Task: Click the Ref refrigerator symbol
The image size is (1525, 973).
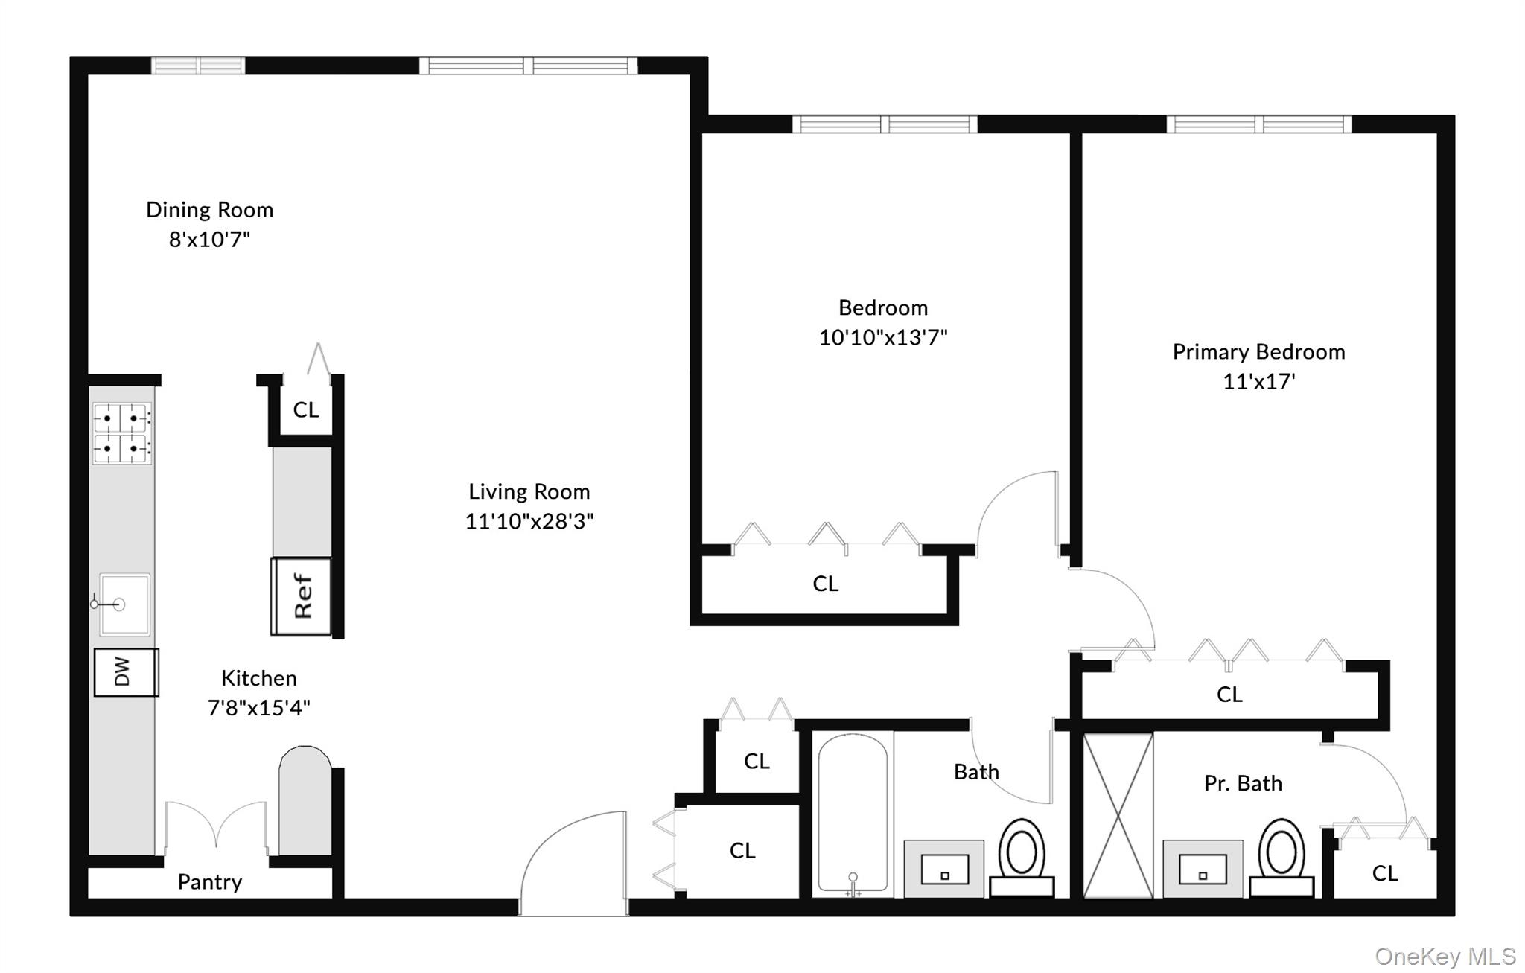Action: point(301,596)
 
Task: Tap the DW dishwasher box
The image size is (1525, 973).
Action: point(126,672)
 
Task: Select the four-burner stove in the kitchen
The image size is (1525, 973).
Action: point(121,433)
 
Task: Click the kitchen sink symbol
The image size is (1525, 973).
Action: point(124,604)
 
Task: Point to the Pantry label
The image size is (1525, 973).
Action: point(209,882)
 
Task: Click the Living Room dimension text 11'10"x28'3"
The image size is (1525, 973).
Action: point(529,521)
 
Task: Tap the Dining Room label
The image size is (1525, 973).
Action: point(209,210)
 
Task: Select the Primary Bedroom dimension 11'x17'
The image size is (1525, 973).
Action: point(1258,382)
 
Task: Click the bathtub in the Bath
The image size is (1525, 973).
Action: point(853,811)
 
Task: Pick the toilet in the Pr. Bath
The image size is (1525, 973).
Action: point(1281,856)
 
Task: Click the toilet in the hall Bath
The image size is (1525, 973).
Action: point(1022,856)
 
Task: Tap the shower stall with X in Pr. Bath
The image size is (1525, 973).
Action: point(1118,815)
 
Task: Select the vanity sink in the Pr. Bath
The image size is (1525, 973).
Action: point(1203,869)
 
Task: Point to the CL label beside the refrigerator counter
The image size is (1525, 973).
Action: point(305,409)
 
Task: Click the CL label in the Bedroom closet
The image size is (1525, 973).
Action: point(825,584)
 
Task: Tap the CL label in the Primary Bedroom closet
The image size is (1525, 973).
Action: point(1229,695)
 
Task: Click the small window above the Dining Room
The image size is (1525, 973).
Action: point(198,66)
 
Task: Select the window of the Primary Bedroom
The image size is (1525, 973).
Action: point(1258,124)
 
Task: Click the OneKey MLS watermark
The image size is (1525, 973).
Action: point(1445,956)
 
